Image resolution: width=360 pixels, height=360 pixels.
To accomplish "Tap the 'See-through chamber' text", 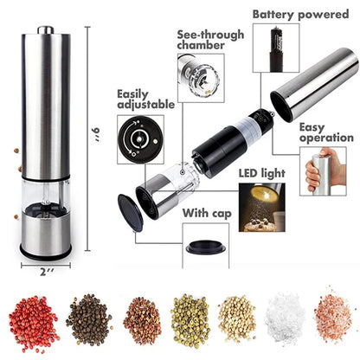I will (x=206, y=41).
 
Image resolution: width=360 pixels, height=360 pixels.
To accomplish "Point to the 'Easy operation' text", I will (x=326, y=132).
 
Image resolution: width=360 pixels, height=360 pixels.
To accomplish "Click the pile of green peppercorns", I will (x=189, y=320).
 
